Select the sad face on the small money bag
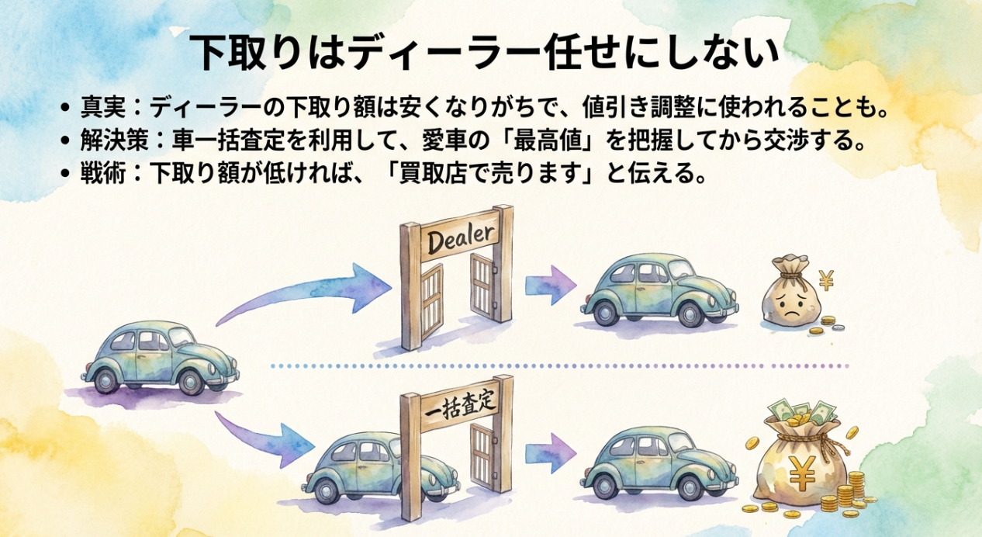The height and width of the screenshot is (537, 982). pos(790,306)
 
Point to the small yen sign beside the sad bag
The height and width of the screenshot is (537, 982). pos(826,279)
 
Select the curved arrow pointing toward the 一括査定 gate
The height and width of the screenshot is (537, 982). pos(264,439)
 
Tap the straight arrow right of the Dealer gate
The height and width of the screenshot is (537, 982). pos(550,285)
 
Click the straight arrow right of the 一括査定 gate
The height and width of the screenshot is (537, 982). pos(550,458)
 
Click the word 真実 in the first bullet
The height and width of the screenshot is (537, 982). pos(98,106)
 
